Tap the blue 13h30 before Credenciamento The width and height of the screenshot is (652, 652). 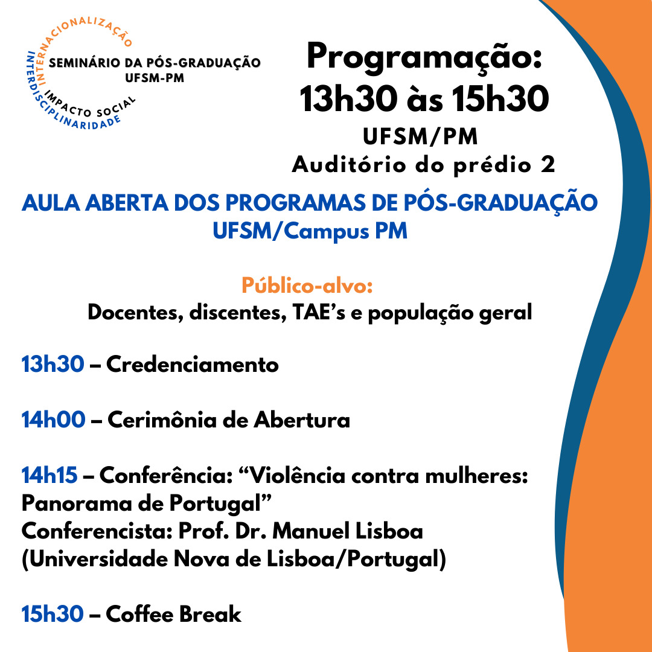point(53,364)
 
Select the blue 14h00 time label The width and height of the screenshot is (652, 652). point(53,420)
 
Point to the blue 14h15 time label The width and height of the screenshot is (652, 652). point(50,475)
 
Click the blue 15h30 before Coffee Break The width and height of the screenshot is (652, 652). point(53,614)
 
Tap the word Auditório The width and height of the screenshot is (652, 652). point(349,165)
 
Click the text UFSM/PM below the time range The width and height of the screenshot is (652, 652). point(420,137)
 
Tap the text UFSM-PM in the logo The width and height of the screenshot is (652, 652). point(155,78)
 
